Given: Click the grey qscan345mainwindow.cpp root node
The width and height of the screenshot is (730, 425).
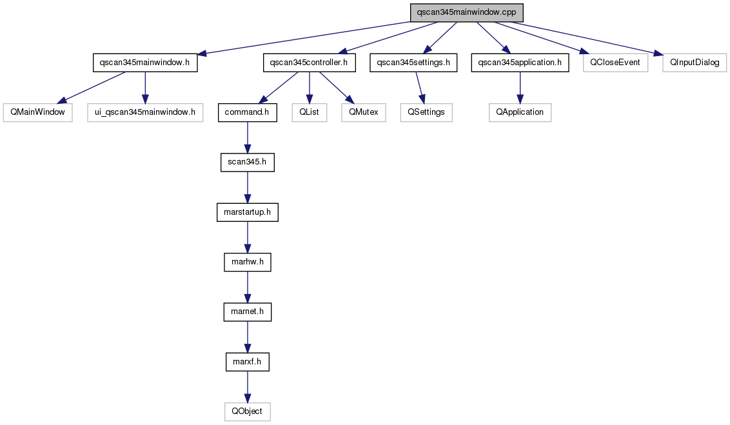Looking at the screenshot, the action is [x=466, y=12].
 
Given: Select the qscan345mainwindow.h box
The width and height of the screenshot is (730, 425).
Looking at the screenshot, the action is [x=145, y=63].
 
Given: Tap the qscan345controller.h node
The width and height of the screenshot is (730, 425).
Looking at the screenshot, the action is [x=309, y=63].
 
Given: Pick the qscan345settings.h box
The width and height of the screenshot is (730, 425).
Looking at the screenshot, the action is [x=413, y=63].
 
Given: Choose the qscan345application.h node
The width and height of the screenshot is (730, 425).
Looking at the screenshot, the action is [x=520, y=63].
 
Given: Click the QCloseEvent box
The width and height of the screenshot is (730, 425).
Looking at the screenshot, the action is [x=615, y=63].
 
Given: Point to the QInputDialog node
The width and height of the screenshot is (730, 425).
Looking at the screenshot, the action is [x=695, y=63].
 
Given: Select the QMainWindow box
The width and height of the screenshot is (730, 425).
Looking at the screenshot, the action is [x=37, y=112].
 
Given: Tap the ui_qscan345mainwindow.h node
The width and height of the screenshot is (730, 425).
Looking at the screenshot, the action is [x=145, y=112].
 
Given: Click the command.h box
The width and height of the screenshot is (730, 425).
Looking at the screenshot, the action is [x=247, y=112].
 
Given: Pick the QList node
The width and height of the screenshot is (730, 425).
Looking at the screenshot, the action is [x=310, y=112].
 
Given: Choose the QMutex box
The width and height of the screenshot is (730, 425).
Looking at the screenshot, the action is [x=364, y=112].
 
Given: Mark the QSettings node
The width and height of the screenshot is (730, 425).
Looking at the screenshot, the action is [x=426, y=112].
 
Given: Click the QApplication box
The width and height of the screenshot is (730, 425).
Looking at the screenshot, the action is [x=520, y=112].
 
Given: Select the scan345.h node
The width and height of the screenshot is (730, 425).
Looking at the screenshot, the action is [x=247, y=162].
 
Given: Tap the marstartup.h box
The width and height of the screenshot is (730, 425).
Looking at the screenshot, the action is [x=247, y=212].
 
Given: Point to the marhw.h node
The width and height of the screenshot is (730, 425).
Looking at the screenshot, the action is [x=247, y=262].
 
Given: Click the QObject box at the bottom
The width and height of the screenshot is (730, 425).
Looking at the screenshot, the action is [x=247, y=411].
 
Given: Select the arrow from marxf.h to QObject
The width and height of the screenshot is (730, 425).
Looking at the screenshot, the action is [x=247, y=387].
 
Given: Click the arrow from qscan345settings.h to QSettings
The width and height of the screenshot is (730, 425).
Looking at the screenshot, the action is [x=419, y=88].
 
